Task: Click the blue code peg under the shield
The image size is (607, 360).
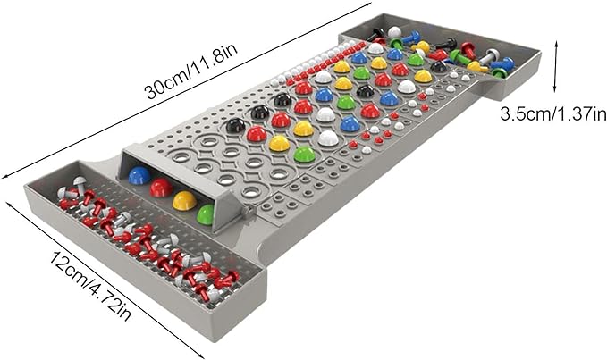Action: pyautogui.click(x=139, y=175)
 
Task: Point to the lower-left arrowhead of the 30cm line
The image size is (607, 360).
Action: pyautogui.click(x=8, y=175)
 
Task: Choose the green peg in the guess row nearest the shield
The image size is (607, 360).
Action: pyautogui.click(x=304, y=154)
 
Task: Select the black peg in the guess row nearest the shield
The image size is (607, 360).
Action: pyautogui.click(x=235, y=125)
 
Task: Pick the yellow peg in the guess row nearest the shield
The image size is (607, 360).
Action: pyautogui.click(x=280, y=143)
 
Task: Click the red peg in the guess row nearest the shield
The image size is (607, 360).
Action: pyautogui.click(x=257, y=134)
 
